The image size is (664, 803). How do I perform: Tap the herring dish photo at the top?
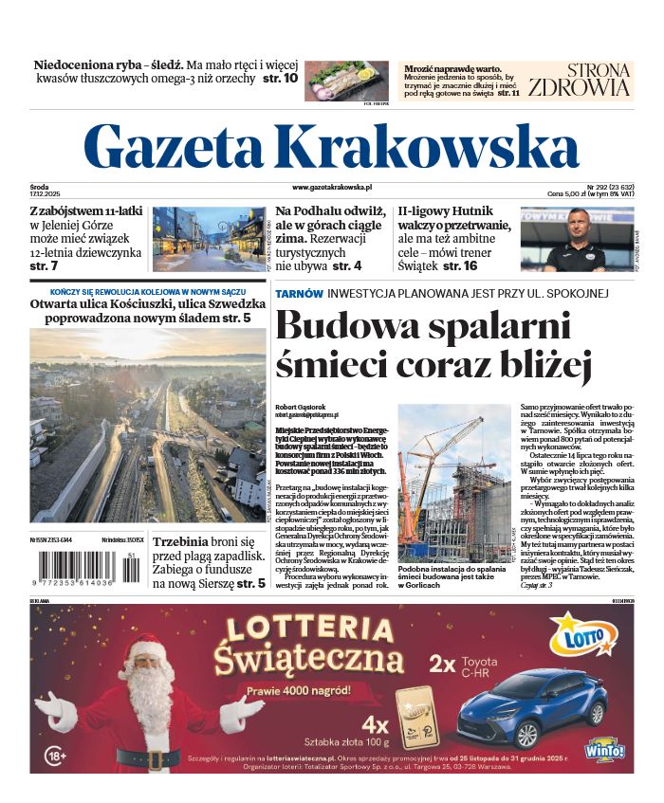(346, 81)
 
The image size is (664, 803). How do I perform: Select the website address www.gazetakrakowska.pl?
(332, 189)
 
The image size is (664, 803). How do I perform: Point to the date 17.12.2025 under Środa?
(45, 194)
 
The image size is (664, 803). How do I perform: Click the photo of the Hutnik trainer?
(577, 239)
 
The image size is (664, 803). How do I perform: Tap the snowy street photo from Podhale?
(209, 239)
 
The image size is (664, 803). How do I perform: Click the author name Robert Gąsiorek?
(300, 406)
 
